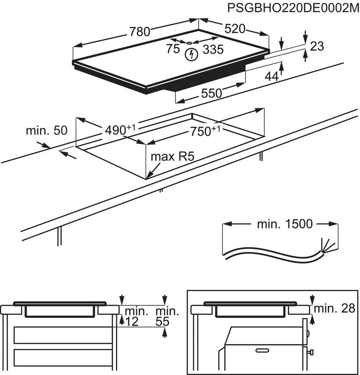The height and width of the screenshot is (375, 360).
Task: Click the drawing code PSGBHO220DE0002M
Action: tap(293, 8)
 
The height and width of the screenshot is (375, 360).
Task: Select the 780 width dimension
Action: tap(140, 32)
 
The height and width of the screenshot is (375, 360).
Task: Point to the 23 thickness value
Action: tap(317, 46)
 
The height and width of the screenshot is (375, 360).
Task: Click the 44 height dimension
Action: tap(272, 76)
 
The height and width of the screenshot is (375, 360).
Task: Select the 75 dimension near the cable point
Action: tap(173, 49)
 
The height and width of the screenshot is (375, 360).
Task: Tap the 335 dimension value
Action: tap(213, 50)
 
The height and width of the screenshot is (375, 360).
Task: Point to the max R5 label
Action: tap(172, 157)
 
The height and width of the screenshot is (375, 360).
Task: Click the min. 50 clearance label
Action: tap(46, 131)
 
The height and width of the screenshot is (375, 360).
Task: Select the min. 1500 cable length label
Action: tap(285, 224)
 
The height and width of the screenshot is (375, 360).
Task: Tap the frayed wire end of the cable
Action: tap(328, 247)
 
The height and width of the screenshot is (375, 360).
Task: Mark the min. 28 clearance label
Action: tap(334, 308)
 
